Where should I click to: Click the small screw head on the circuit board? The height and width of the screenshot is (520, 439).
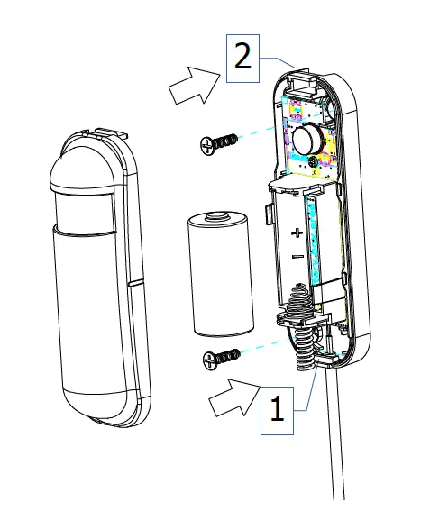(312, 161)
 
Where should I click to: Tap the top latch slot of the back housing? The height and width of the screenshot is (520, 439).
(304, 82)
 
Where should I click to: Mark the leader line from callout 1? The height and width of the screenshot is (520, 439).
(311, 392)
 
